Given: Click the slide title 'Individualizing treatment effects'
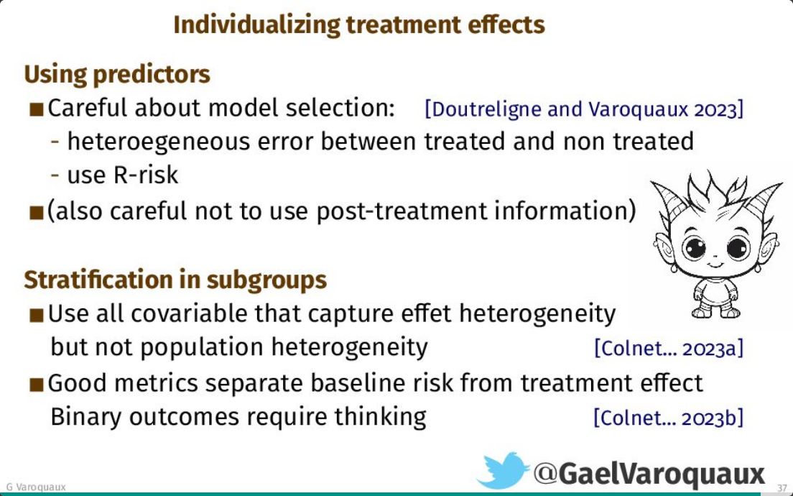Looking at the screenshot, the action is (359, 24).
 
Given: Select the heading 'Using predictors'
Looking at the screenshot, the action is (117, 75).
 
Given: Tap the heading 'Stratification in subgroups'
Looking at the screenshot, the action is (175, 280).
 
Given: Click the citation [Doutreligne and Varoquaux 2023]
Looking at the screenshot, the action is (584, 109).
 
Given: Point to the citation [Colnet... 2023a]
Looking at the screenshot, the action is (669, 348).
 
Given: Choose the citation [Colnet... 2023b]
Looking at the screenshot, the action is (669, 418).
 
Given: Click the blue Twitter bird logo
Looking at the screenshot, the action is (503, 470).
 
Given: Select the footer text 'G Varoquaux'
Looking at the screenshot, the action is (36, 487).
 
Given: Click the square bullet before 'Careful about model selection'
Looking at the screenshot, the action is (37, 109).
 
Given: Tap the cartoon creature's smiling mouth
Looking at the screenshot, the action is (715, 265).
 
